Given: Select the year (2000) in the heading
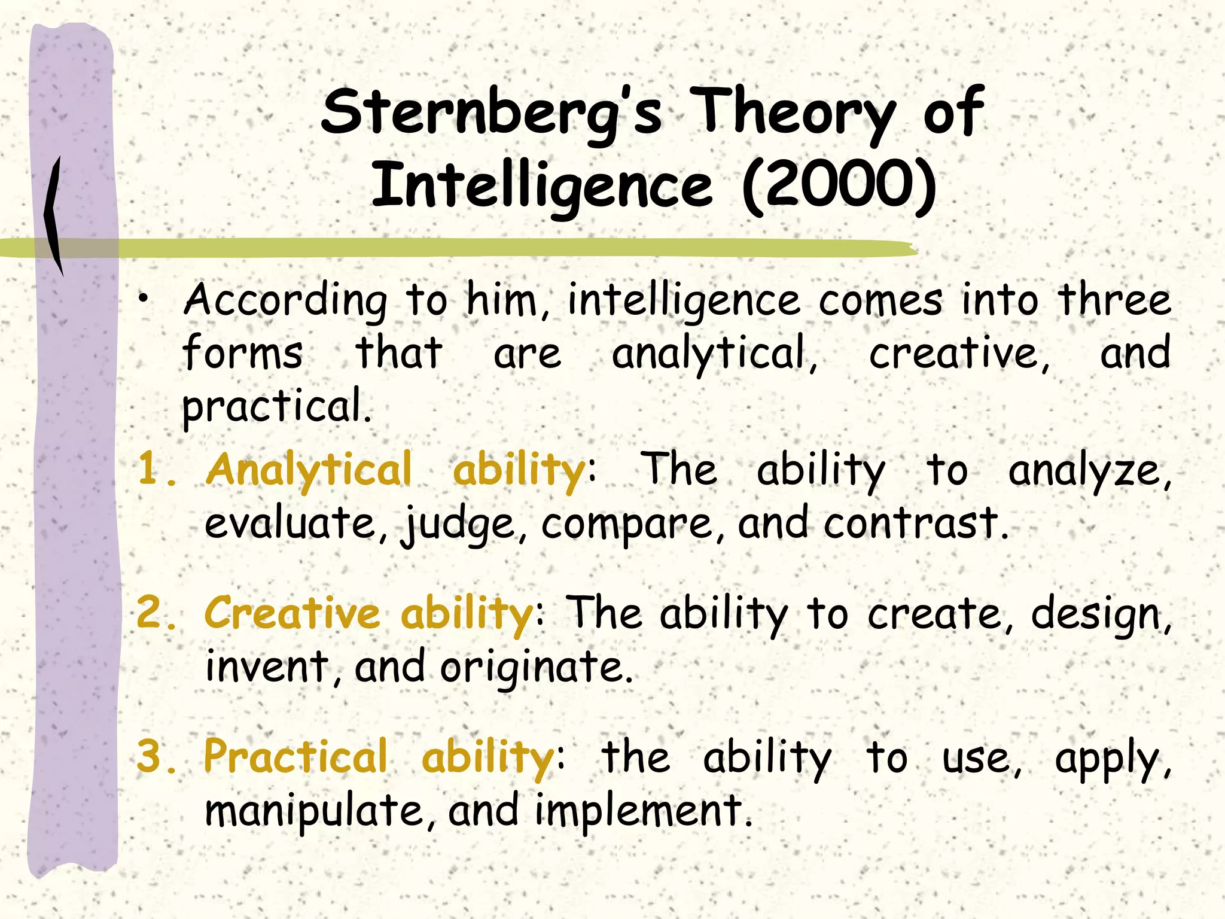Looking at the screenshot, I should (x=839, y=185).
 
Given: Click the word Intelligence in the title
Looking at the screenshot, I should (x=542, y=187).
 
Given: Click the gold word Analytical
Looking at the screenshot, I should (x=309, y=469).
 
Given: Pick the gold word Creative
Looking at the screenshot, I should (x=292, y=614).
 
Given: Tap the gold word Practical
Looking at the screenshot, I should (x=295, y=757).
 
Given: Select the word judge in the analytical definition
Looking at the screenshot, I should (x=458, y=524).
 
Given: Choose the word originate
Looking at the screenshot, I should (x=536, y=668).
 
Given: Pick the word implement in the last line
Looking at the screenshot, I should (x=642, y=811).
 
